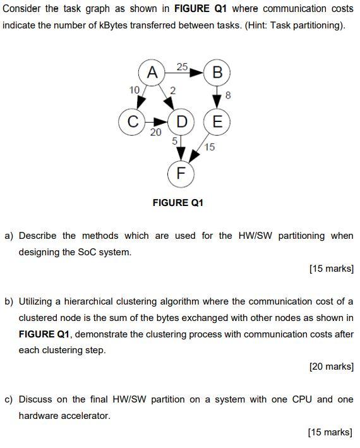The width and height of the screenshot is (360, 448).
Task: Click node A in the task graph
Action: click(152, 72)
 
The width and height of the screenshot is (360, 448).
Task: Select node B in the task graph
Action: click(217, 72)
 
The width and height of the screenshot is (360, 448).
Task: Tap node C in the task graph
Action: click(133, 121)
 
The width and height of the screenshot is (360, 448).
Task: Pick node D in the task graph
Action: click(182, 121)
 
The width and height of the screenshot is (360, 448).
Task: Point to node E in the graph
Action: click(217, 121)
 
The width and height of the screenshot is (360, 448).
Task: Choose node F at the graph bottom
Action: click(181, 173)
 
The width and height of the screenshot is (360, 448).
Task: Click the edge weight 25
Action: click(183, 66)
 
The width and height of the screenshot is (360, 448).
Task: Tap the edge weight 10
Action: click(133, 90)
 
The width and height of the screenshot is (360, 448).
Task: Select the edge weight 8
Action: click(228, 96)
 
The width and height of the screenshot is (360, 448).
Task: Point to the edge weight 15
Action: click(210, 147)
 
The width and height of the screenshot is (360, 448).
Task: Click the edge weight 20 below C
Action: click(155, 132)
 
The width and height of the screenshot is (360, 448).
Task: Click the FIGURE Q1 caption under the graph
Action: click(178, 203)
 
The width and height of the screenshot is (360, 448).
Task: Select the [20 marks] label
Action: click(331, 366)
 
